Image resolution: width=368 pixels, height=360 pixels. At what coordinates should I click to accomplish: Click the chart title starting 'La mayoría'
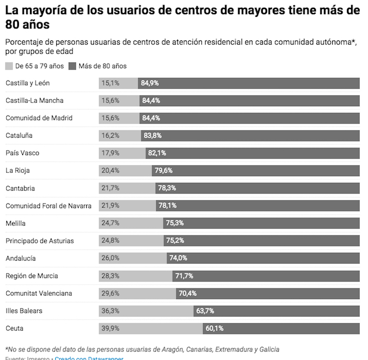[x=179, y=17]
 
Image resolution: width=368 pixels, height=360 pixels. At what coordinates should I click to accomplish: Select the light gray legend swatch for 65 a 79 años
[x=9, y=66]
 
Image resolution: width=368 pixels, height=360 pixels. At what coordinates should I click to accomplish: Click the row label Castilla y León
[x=28, y=83]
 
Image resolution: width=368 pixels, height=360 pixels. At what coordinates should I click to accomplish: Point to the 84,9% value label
[x=150, y=83]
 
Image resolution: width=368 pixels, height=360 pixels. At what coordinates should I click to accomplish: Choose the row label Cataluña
[x=19, y=136]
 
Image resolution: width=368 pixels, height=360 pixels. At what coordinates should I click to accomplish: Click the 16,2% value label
[x=110, y=136]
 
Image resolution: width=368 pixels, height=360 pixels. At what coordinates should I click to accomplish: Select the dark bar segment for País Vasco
[x=252, y=153]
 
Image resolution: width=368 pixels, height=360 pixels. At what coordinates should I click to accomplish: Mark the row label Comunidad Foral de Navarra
[x=48, y=205]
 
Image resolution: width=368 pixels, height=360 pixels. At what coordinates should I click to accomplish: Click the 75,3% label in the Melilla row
[x=175, y=223]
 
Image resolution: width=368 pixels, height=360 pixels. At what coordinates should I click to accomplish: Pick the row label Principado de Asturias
[x=39, y=241]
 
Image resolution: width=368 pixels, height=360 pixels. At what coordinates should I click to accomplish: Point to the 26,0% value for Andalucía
[x=110, y=258]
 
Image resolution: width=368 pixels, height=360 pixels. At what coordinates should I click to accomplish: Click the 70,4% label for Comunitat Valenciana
[x=188, y=293]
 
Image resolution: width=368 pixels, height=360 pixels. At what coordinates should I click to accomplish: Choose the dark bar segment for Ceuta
[x=281, y=328]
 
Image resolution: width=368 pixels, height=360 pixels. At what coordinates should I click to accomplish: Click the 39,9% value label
[x=110, y=328]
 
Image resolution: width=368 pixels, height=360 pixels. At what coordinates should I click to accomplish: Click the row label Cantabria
[x=21, y=188]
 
